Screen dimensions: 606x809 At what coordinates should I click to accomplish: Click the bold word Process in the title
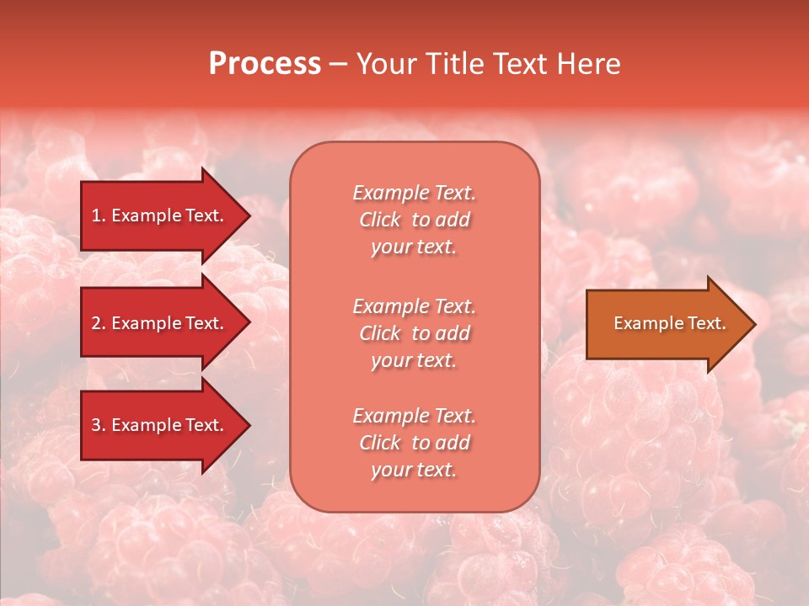(265, 64)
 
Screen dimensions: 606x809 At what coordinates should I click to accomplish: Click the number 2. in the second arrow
(99, 323)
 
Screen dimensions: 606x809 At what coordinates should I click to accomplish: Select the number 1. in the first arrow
(99, 215)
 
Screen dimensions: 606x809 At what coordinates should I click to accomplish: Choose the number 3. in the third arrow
(99, 425)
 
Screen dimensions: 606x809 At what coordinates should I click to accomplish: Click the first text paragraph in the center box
(414, 220)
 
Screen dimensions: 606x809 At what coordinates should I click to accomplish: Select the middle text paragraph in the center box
(414, 333)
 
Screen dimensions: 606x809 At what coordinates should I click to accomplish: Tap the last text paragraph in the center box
(414, 443)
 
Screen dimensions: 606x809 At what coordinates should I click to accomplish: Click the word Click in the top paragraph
(379, 220)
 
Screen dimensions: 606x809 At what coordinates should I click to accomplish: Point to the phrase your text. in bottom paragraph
(414, 470)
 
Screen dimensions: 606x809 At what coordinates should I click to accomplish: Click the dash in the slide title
(339, 65)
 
